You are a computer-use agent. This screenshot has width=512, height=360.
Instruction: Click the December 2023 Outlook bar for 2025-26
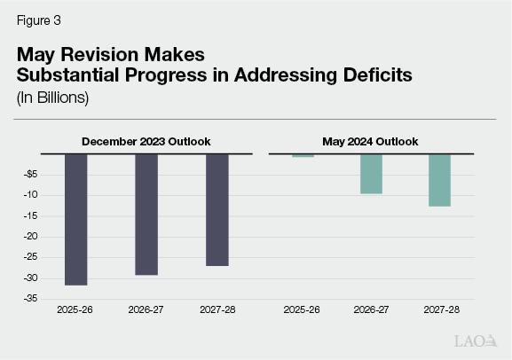[76, 219]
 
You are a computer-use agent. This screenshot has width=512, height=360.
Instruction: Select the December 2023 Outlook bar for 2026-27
[146, 214]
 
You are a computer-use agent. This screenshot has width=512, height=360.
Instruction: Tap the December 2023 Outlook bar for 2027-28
[217, 209]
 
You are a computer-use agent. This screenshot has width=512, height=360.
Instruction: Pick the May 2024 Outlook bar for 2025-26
[303, 156]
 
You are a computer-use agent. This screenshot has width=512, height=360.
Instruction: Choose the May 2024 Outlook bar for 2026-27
[371, 174]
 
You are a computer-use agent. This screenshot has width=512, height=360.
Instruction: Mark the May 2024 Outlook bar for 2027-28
[439, 180]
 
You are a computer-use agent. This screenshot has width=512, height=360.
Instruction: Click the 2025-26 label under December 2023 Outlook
[76, 312]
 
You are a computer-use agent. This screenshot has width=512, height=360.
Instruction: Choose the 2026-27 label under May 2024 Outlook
[371, 312]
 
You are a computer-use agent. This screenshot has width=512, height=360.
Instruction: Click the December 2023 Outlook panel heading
[146, 141]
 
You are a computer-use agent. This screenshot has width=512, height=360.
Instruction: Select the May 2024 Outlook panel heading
[371, 141]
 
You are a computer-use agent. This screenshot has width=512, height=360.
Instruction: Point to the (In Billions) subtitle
[54, 98]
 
